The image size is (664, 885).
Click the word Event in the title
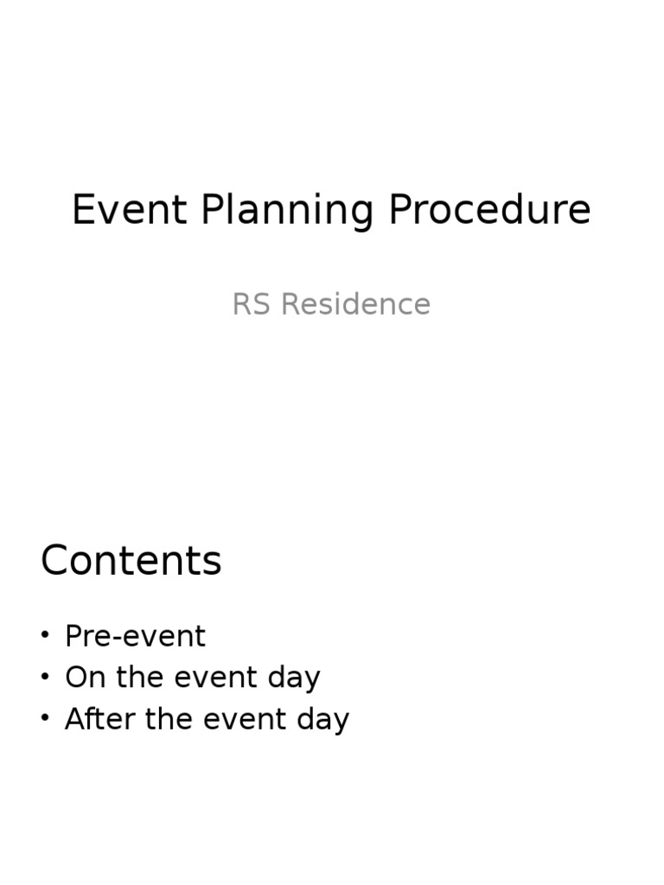tap(130, 210)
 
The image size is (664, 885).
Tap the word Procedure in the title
tap(489, 210)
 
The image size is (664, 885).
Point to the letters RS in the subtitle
tap(251, 304)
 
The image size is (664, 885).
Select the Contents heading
tap(131, 561)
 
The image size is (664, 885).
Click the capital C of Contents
tap(54, 561)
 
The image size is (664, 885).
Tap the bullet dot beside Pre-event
tap(45, 636)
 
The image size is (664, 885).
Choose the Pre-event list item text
tap(135, 637)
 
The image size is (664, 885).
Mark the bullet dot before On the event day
tap(45, 678)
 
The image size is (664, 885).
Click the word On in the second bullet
tap(84, 678)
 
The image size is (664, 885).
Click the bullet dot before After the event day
tap(45, 719)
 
